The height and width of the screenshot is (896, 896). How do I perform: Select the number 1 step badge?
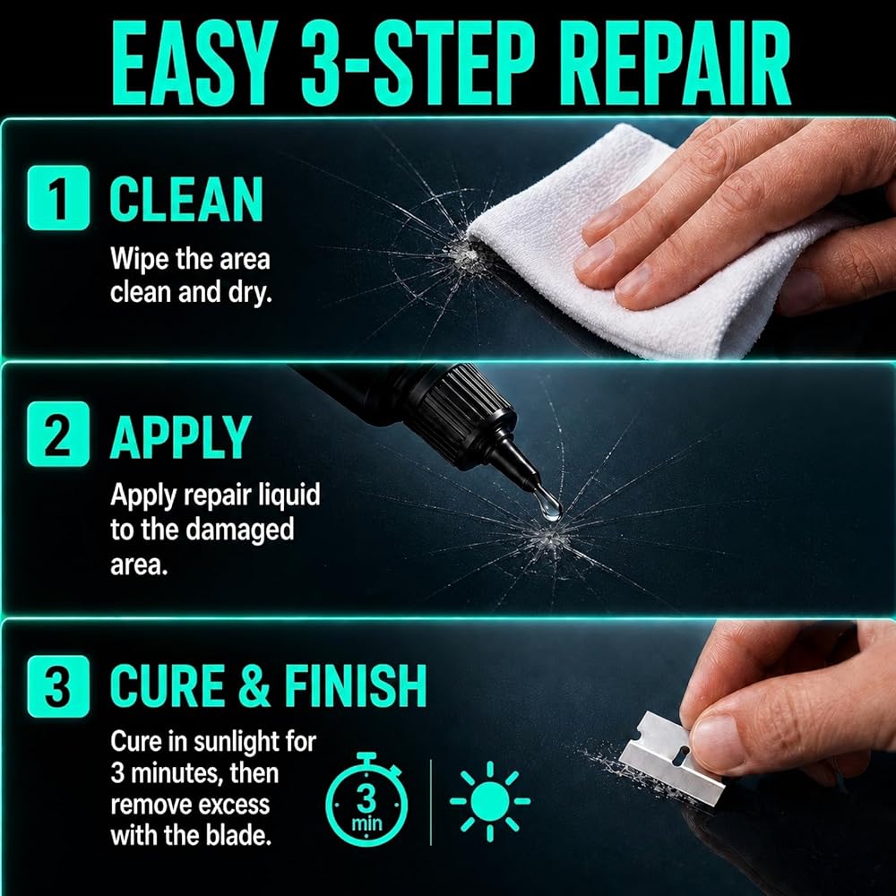(x=58, y=198)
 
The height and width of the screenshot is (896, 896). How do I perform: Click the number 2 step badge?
(x=58, y=434)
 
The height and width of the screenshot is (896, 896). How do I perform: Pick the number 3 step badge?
(x=58, y=685)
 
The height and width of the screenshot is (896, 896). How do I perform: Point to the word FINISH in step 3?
(x=355, y=685)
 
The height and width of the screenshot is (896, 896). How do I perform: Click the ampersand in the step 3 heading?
(x=254, y=685)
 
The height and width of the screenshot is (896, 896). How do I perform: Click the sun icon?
(x=490, y=801)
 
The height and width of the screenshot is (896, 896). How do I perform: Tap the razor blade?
(x=671, y=758)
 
